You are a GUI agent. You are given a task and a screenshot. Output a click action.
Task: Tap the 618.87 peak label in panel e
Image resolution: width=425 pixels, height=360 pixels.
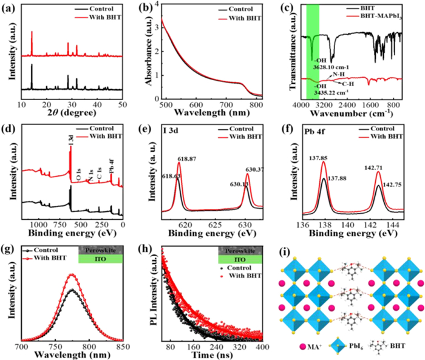[189, 158]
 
